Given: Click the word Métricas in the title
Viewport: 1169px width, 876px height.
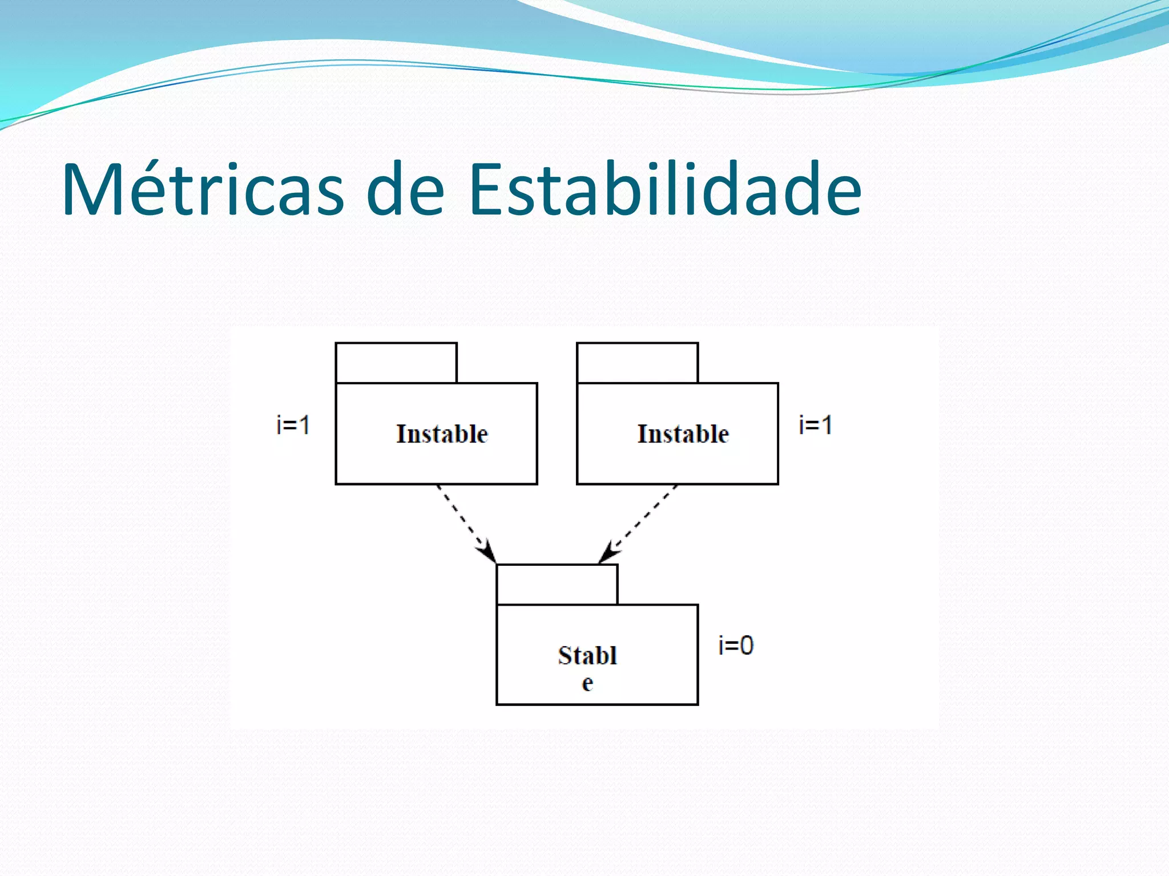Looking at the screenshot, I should point(203,189).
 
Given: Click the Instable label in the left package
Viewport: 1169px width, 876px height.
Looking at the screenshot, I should point(442,434).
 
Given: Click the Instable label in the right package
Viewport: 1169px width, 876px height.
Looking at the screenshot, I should point(683,434).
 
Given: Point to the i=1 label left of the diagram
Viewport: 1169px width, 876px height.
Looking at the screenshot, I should point(293,425).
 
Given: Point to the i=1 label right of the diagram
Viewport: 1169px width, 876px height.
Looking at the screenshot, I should point(816,425).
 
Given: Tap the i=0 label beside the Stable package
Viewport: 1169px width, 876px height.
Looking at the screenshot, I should point(736,646).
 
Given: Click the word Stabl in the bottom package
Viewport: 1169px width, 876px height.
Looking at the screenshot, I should point(587,656).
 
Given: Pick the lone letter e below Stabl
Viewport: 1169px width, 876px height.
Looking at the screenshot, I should point(587,683).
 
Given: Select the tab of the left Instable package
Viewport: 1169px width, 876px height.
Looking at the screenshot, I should point(396,363).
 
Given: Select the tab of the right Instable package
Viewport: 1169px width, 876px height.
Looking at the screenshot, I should point(637,363).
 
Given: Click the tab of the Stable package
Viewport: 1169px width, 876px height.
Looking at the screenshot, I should point(557,585).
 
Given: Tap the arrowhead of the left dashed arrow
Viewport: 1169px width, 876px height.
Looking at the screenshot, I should point(489,553).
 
